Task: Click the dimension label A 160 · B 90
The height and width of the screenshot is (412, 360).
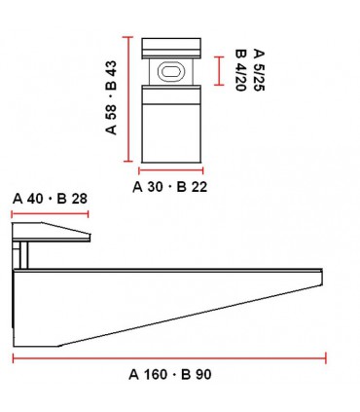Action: pyautogui.click(x=170, y=374)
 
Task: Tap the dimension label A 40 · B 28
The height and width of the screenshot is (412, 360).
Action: pyautogui.click(x=50, y=199)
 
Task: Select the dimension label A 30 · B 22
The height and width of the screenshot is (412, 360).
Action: pyautogui.click(x=169, y=187)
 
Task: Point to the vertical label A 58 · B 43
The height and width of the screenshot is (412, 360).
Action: pyautogui.click(x=111, y=97)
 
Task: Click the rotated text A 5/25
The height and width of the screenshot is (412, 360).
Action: pyautogui.click(x=259, y=70)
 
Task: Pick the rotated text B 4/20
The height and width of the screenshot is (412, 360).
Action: pyautogui.click(x=240, y=70)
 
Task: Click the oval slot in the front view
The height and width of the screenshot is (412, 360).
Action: pyautogui.click(x=170, y=71)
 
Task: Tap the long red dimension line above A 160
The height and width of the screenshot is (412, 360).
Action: pyautogui.click(x=169, y=358)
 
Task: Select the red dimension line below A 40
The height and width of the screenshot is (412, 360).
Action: pyautogui.click(x=50, y=213)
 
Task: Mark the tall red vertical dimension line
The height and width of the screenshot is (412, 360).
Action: pyautogui.click(x=128, y=99)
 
